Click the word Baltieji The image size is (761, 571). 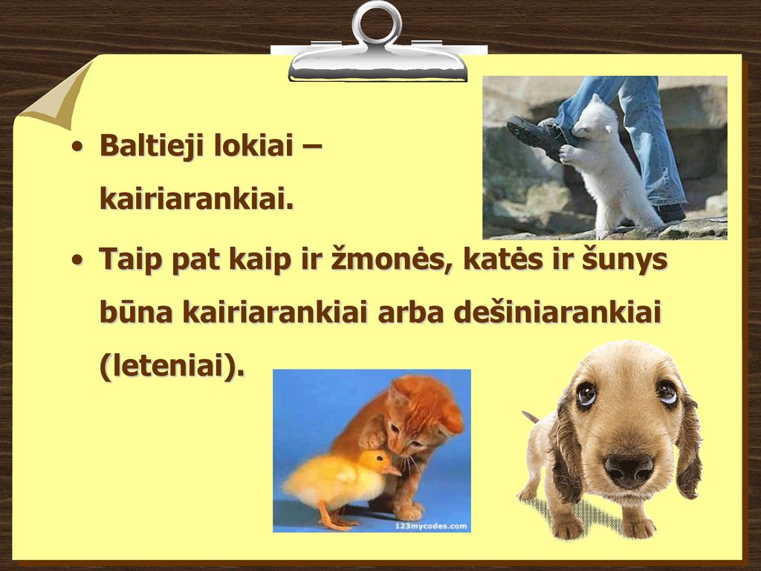tap(152, 145)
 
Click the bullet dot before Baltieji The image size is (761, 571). tap(77, 146)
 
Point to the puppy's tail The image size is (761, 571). tap(531, 416)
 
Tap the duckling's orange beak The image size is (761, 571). tap(392, 470)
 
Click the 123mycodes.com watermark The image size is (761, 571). tap(430, 526)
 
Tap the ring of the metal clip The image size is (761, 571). tap(377, 23)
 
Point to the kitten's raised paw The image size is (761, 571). tap(372, 439)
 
